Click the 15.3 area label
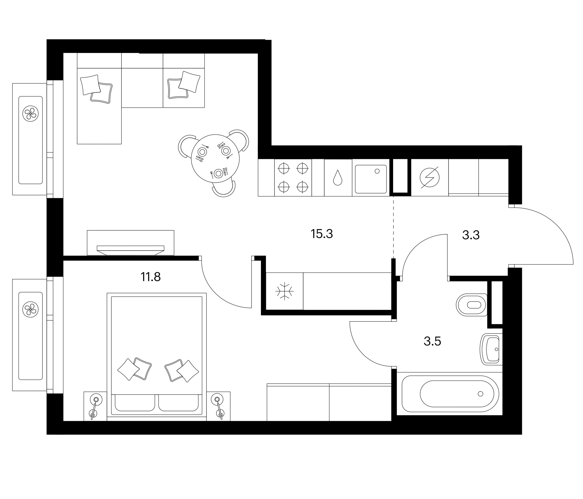[321, 234]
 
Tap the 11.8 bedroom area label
[150, 277]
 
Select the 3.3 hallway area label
[471, 235]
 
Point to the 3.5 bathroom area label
[432, 341]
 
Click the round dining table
[215, 159]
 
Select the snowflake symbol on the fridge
[285, 291]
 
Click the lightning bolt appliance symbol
[429, 178]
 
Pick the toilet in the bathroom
[472, 305]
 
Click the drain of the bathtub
[480, 394]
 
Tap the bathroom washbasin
[491, 349]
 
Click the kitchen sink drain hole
[377, 171]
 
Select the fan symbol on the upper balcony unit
[30, 113]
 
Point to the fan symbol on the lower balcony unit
[30, 310]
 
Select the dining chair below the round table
[224, 190]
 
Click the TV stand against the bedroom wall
[130, 243]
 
